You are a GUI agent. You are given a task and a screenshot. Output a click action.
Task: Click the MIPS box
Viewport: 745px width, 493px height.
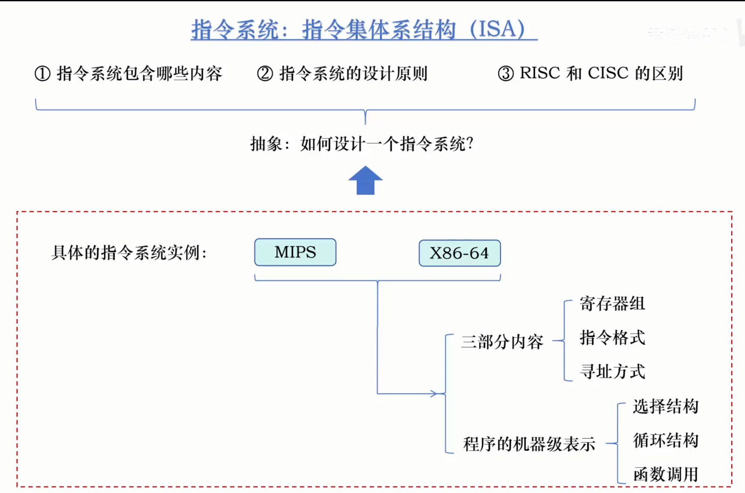295,252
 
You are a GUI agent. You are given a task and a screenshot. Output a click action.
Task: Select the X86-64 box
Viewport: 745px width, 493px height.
459,253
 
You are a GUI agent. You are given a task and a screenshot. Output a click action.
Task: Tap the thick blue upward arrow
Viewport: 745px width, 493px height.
365,180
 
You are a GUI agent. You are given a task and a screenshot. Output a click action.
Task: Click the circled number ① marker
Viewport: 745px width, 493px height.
42,74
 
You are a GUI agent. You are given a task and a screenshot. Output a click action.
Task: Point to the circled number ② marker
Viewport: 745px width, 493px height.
265,74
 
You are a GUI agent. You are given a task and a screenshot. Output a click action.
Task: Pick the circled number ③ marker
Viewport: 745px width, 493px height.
506,74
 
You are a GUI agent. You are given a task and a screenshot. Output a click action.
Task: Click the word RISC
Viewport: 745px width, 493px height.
539,73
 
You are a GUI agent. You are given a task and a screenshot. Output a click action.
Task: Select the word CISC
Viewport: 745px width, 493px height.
608,73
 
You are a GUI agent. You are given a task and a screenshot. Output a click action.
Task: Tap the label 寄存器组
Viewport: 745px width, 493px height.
612,304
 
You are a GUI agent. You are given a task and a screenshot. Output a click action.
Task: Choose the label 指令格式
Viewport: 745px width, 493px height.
612,338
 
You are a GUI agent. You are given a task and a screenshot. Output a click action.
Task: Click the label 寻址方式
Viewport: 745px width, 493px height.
612,372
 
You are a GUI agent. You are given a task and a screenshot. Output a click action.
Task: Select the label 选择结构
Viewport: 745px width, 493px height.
665,406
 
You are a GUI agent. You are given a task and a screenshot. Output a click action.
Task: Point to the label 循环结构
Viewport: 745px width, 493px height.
665,440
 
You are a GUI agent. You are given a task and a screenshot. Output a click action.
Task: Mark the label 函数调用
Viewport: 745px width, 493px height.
665,474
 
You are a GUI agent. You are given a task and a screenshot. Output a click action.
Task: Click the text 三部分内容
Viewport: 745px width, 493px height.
502,342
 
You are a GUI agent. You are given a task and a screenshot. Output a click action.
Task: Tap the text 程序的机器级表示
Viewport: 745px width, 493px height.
529,444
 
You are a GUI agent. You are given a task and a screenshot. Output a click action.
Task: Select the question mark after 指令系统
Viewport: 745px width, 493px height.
470,144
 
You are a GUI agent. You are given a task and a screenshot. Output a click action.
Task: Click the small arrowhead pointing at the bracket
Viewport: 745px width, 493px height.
434,393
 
